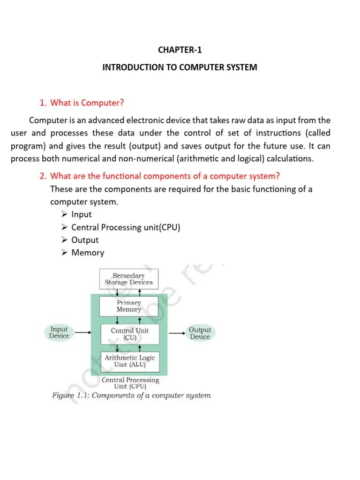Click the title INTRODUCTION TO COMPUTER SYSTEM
[x=180, y=67]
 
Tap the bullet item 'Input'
[x=81, y=214]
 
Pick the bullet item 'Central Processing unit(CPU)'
[x=125, y=227]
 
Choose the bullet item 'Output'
[x=85, y=240]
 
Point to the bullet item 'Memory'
[x=88, y=253]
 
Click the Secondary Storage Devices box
[x=129, y=279]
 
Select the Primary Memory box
[x=129, y=306]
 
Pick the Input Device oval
[x=59, y=332]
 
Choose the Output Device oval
[x=200, y=333]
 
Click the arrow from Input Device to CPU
[x=82, y=333]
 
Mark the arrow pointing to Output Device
[x=177, y=333]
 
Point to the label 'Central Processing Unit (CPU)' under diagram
[x=130, y=383]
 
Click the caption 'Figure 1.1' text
[x=70, y=396]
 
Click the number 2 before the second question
[x=43, y=176]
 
